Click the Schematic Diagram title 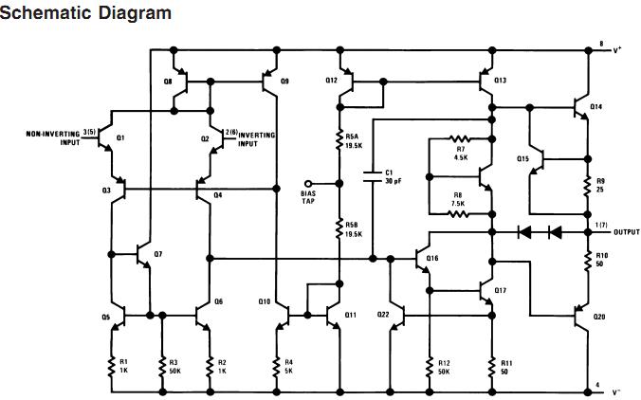[86, 13]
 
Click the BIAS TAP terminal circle [306, 183]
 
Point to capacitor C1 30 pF [373, 177]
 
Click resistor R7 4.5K [460, 139]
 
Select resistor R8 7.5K [460, 214]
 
